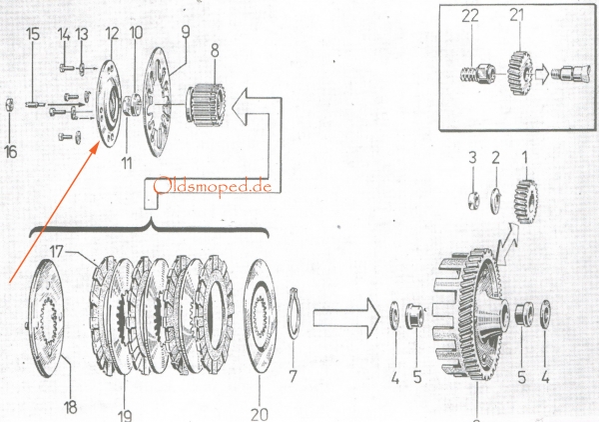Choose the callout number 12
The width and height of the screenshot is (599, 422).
click(x=111, y=33)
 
